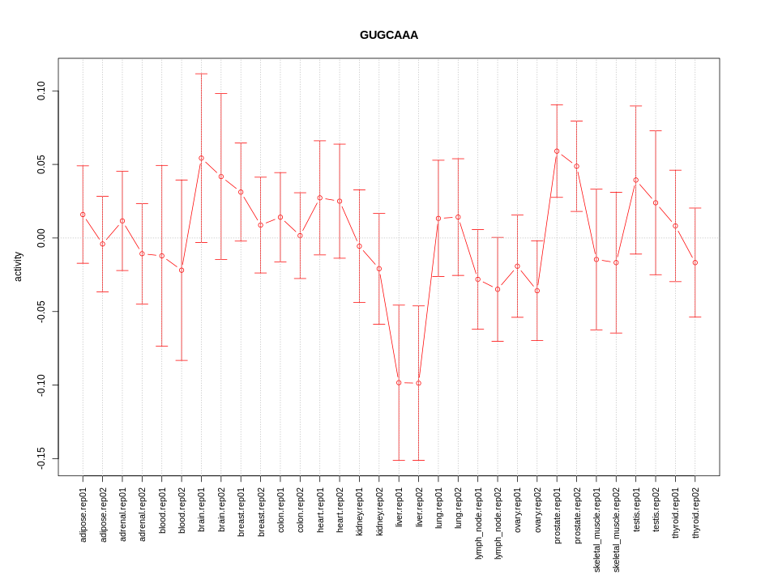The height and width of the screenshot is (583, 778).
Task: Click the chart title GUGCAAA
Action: tap(389, 35)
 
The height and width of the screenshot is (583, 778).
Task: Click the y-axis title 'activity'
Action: tap(18, 266)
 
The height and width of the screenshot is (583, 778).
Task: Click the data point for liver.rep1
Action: tap(399, 382)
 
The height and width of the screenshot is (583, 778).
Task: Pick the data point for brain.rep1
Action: tap(201, 158)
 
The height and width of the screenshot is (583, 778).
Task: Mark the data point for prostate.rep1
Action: tap(557, 151)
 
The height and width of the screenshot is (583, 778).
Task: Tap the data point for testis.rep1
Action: tap(636, 180)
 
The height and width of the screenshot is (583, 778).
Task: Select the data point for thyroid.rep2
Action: tap(695, 262)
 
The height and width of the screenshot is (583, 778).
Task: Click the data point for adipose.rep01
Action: tap(83, 215)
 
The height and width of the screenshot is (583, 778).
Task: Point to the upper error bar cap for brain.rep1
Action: tap(201, 74)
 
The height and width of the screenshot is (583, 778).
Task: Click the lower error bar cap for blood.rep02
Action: tap(182, 360)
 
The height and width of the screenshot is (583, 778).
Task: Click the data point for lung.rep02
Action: tap(458, 217)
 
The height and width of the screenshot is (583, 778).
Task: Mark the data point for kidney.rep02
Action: tap(379, 269)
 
